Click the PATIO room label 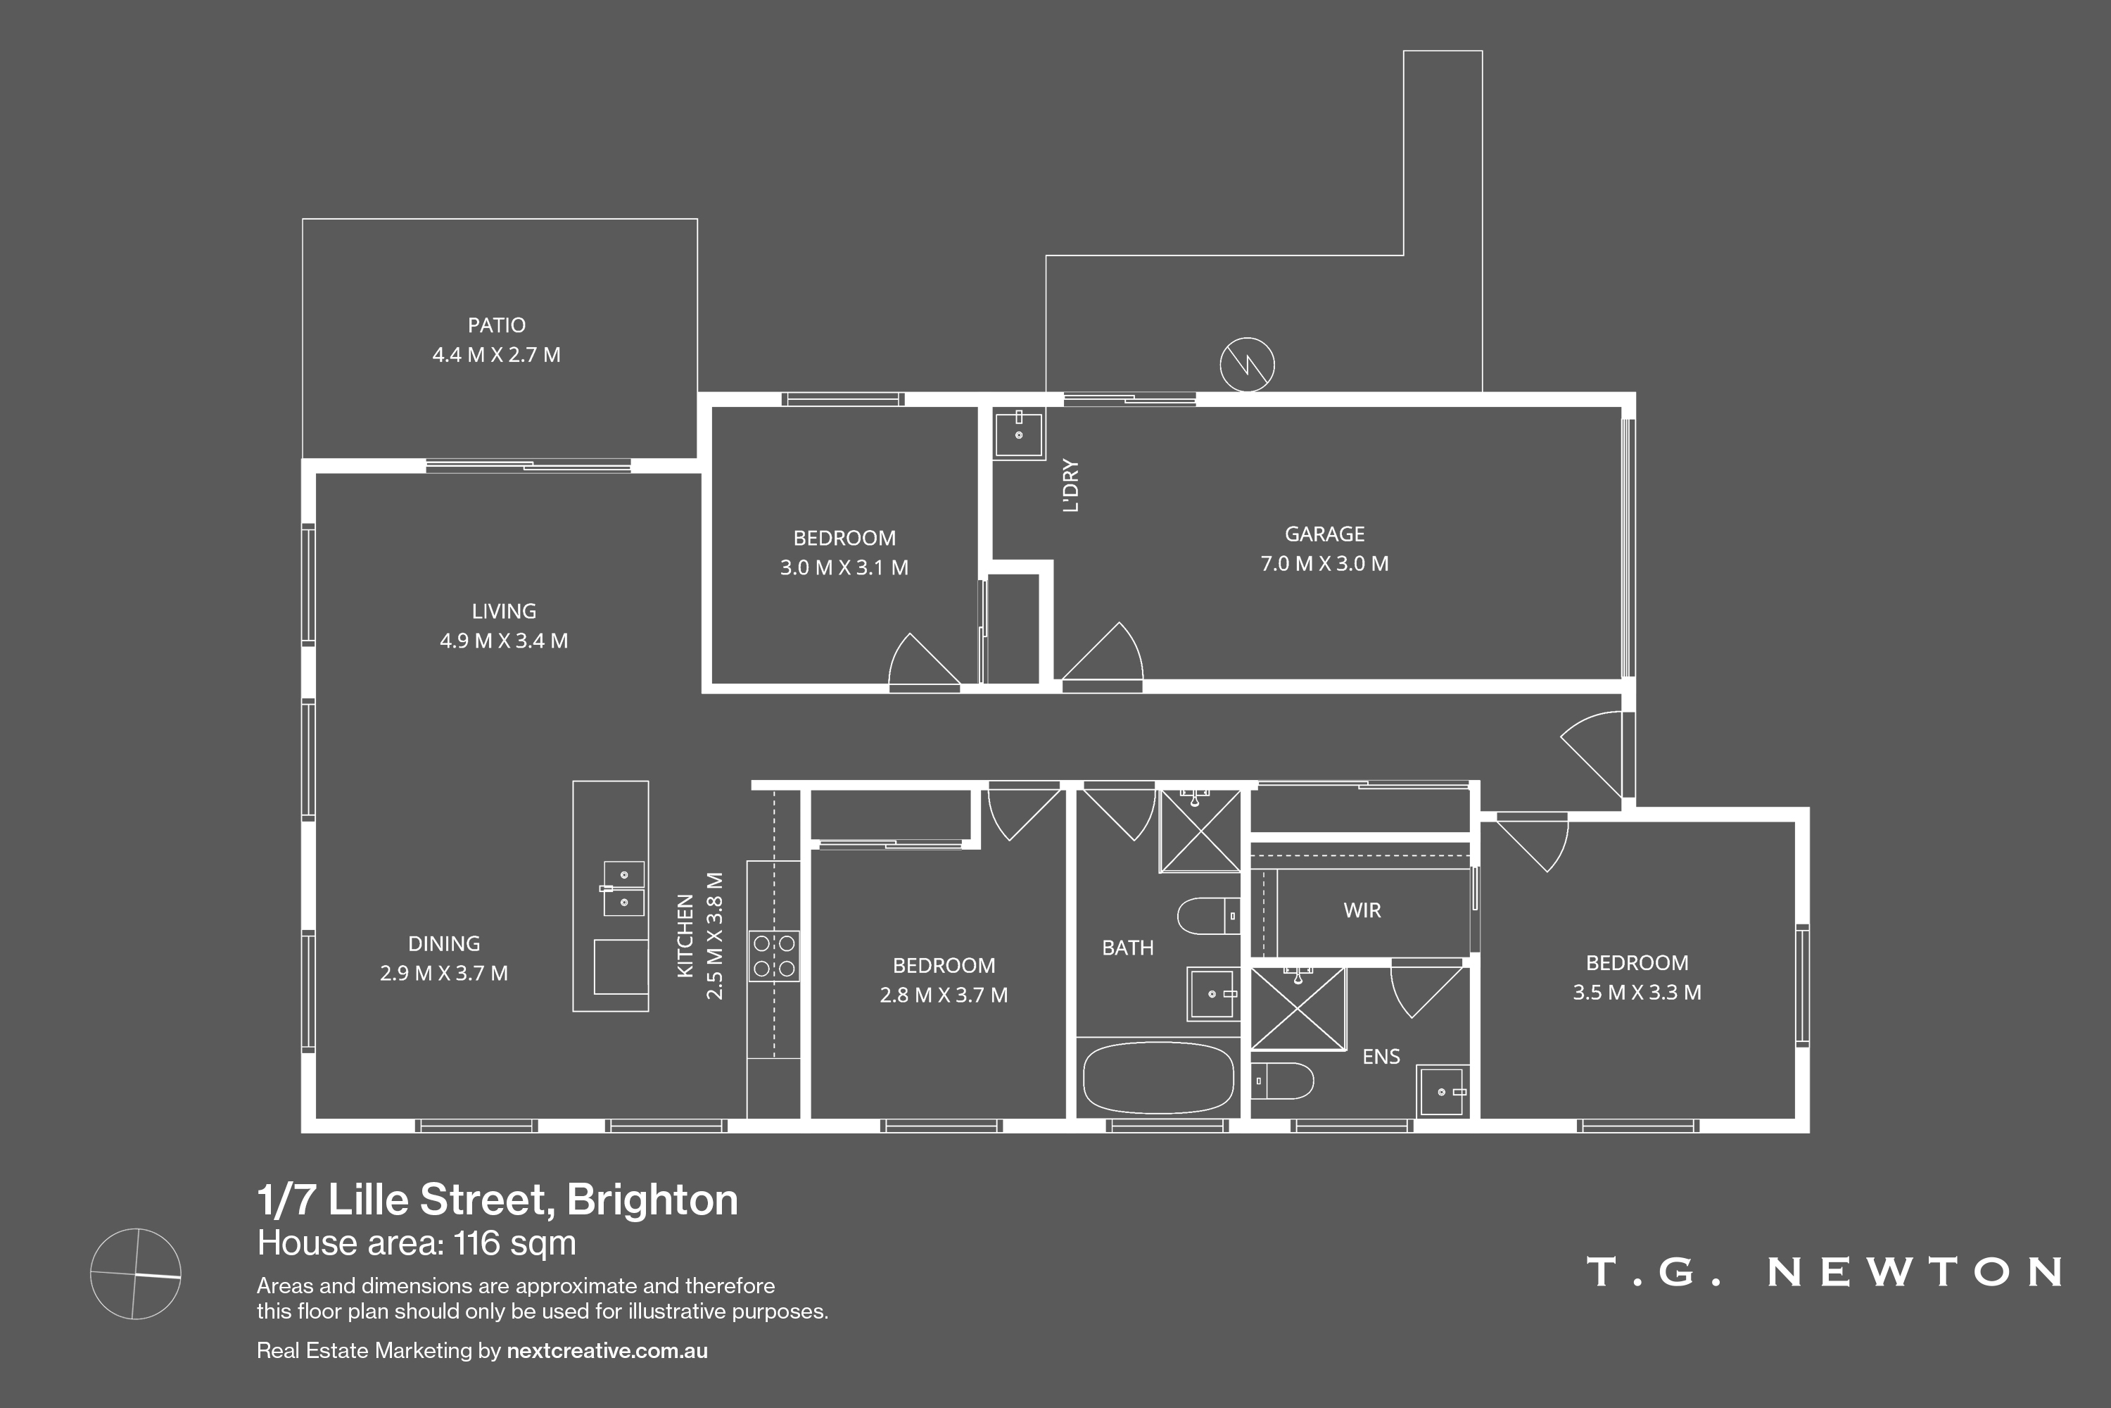tap(496, 325)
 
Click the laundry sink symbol tap(1019, 434)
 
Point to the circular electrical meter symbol tap(1247, 365)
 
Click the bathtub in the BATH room tap(1158, 1078)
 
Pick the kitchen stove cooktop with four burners tap(773, 955)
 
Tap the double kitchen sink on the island tap(623, 888)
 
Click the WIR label tap(1362, 910)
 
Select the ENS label tap(1381, 1057)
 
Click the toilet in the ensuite tap(1283, 1081)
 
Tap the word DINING tap(443, 944)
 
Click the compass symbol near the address tap(136, 1274)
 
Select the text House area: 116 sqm tap(417, 1244)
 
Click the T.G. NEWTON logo tap(1824, 1271)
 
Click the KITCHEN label tap(685, 936)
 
